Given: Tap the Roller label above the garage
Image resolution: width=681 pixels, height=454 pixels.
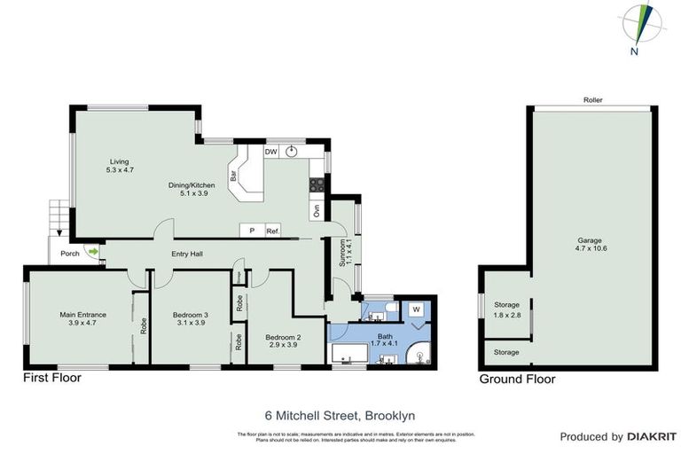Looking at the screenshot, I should [593, 101].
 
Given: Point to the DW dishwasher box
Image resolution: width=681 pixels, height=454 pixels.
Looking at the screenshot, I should [271, 153].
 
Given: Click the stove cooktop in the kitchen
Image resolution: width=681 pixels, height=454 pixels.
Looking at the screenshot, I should [314, 184].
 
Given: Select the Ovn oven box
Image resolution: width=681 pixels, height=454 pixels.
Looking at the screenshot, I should [315, 210].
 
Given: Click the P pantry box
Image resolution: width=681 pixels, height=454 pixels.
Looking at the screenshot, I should [252, 231].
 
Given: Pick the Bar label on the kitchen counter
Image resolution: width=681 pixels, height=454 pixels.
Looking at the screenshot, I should [234, 176].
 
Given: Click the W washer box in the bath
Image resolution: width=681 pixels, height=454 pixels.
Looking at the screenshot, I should [415, 309].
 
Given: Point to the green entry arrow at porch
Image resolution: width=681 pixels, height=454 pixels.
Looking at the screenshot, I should [91, 252].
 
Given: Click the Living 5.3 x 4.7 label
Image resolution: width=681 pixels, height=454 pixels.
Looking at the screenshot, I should [120, 165].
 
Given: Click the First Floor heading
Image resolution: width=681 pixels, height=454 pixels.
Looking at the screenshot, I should [51, 378].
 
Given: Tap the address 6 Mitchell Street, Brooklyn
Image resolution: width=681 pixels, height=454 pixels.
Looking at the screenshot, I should [340, 414].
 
